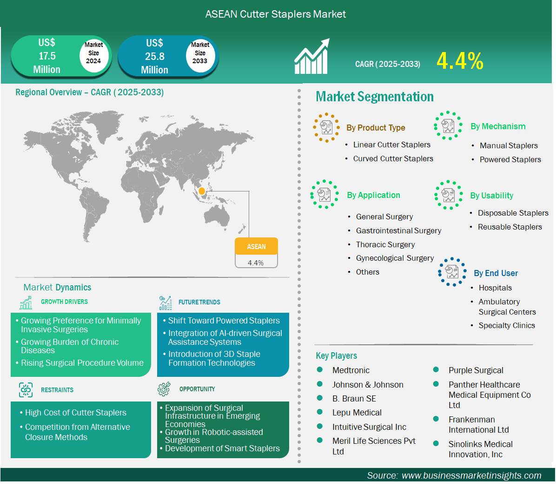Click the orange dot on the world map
click(202, 191)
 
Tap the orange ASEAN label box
click(256, 246)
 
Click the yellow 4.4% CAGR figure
click(460, 60)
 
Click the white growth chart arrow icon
click(312, 56)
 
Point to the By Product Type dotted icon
click(326, 128)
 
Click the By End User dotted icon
click(452, 272)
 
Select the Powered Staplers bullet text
click(510, 159)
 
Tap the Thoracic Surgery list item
click(385, 244)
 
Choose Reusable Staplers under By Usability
click(510, 227)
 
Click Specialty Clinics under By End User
click(506, 325)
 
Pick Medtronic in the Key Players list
click(351, 370)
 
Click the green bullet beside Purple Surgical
click(436, 370)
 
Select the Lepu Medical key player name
click(357, 413)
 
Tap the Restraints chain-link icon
click(26, 390)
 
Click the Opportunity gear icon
click(164, 389)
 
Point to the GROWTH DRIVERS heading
click(64, 302)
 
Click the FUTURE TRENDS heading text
click(199, 302)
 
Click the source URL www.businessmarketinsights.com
click(471, 475)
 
